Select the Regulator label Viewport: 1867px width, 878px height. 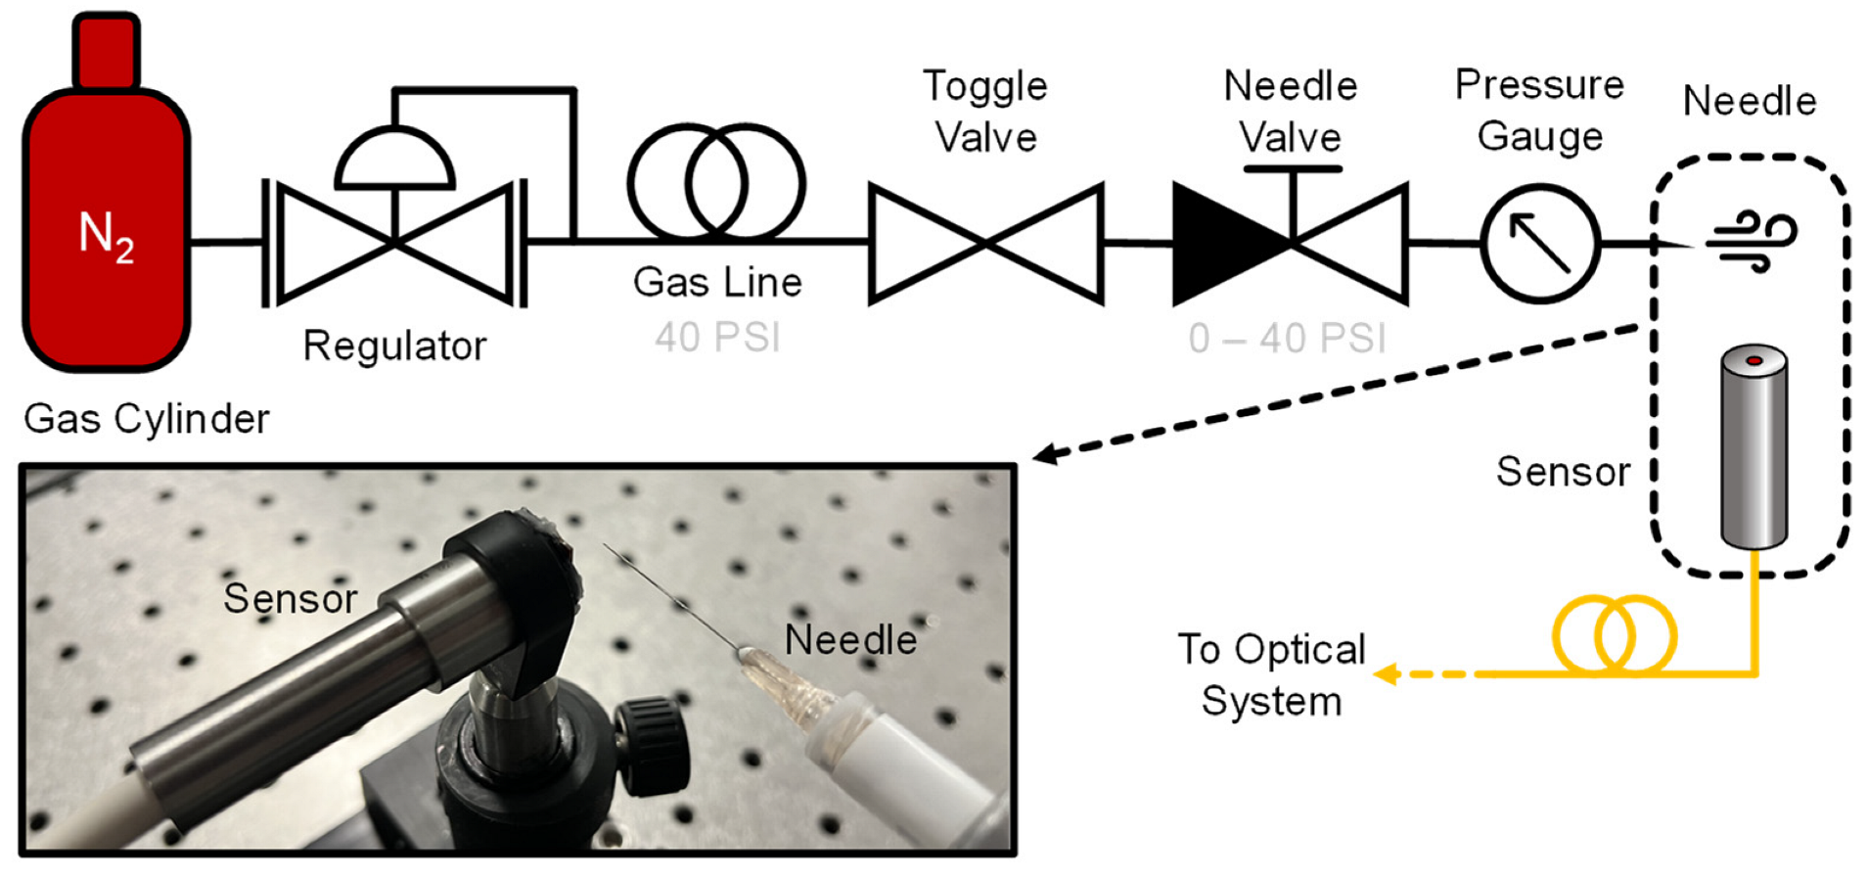pos(394,347)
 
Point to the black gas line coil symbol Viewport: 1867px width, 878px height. pos(716,183)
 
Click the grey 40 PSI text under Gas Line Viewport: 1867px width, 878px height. pos(717,338)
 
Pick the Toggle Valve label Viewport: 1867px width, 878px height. pos(985,112)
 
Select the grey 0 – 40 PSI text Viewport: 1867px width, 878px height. pos(1287,339)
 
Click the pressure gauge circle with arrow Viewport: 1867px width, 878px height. pos(1540,244)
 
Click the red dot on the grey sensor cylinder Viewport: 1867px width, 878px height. pos(1754,361)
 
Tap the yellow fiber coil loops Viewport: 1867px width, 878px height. pos(1615,636)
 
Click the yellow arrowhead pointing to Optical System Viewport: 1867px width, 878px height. pos(1385,673)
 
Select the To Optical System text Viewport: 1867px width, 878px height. pos(1271,675)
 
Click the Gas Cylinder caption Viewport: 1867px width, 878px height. pos(146,419)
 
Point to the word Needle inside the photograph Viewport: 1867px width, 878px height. pos(850,640)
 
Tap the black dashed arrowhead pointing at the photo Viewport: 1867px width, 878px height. pos(1045,454)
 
